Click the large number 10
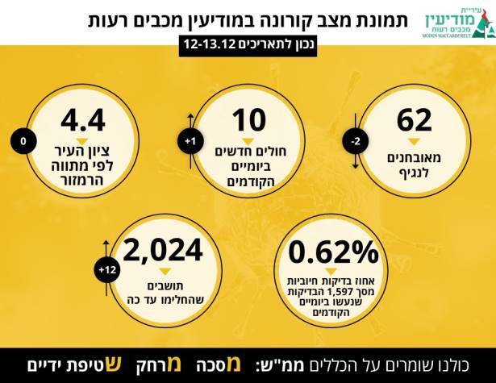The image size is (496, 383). click(248, 120)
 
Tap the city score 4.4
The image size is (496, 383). click(82, 120)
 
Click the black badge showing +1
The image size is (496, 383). click(190, 142)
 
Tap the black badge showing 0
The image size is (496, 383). click(23, 142)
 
